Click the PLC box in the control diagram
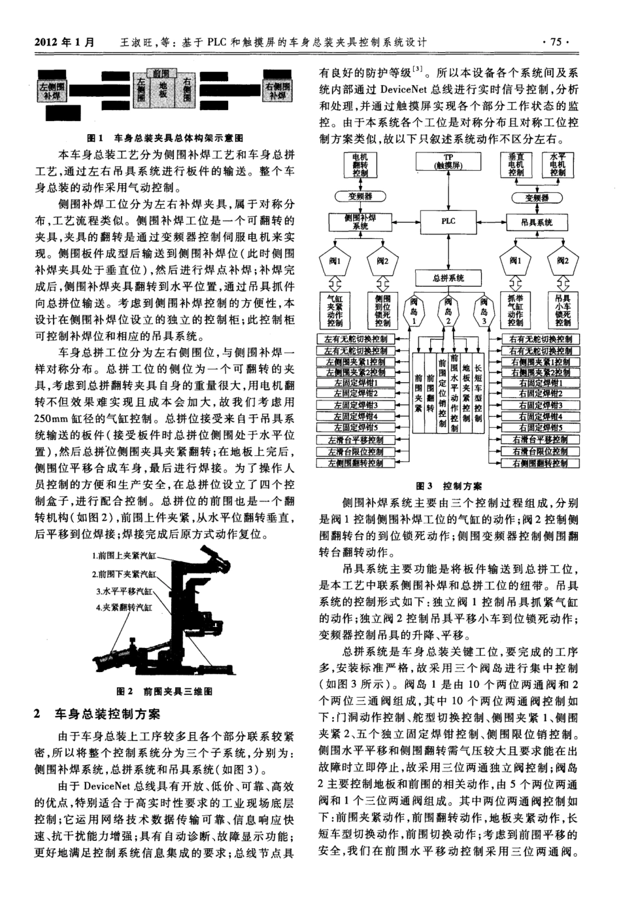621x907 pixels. (448, 221)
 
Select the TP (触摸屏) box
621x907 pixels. (448, 162)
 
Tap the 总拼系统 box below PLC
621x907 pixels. (448, 277)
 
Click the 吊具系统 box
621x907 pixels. (537, 222)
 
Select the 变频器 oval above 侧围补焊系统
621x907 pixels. (360, 196)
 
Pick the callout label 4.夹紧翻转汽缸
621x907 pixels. (124, 608)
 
